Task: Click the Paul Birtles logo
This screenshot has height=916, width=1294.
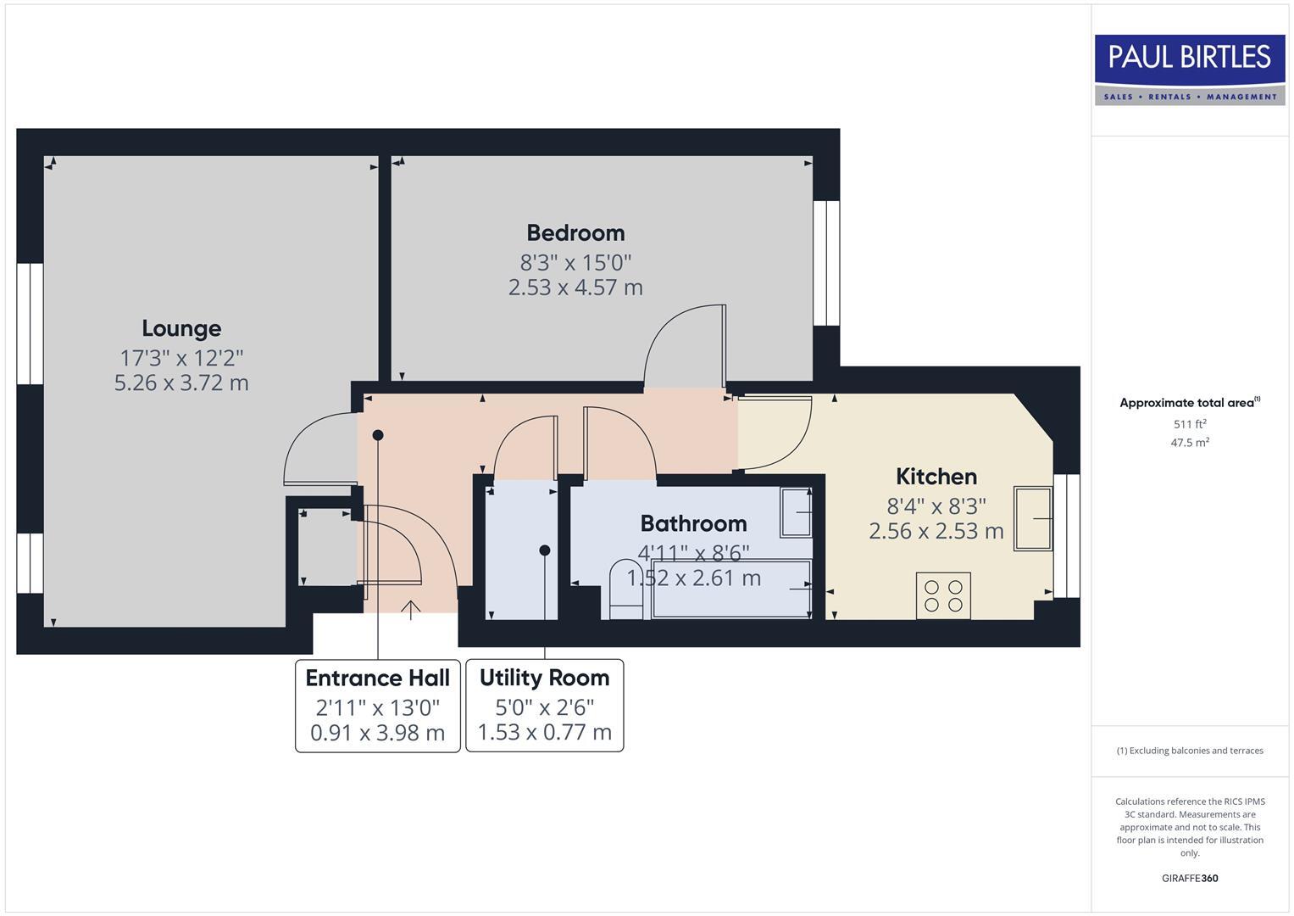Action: point(1189,70)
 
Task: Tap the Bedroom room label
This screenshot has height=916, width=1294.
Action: point(575,232)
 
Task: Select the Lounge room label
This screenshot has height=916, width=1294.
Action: point(181,328)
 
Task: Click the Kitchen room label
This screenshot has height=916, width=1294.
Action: point(936,477)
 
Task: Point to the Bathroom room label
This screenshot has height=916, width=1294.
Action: point(693,523)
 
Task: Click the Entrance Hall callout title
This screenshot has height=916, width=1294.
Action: point(377,678)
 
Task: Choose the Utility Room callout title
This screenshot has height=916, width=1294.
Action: point(544,678)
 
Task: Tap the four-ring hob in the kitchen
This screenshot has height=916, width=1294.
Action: point(943,595)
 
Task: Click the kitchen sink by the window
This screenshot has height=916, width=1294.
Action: point(1033,518)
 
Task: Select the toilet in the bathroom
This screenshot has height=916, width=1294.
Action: point(626,589)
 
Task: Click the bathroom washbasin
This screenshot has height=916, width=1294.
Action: point(796,512)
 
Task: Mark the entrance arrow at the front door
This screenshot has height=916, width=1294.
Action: point(411,609)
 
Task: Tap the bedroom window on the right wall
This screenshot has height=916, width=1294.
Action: point(826,263)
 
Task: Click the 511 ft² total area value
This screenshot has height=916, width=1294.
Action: point(1189,424)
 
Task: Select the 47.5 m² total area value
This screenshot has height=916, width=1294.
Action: point(1189,443)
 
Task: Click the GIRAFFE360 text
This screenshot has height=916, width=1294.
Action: point(1189,878)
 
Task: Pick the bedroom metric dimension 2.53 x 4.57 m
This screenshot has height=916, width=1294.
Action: point(575,288)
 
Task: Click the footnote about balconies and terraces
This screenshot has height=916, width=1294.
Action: point(1189,751)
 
